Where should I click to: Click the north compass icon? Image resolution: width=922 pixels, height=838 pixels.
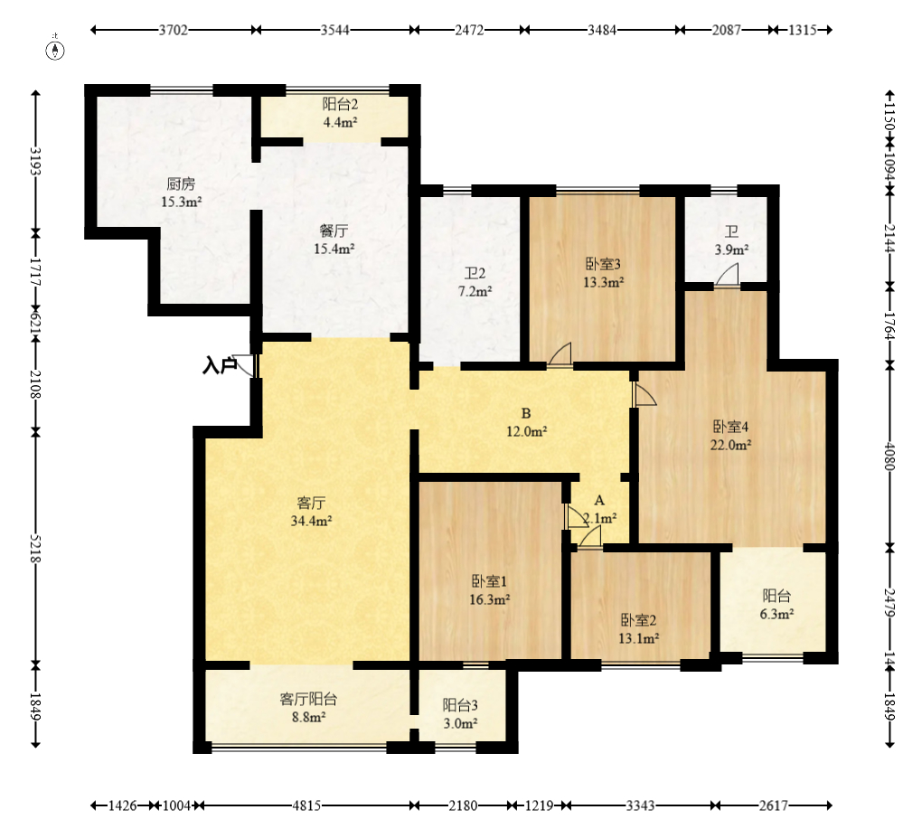[55, 51]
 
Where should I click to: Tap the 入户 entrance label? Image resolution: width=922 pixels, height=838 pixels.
[220, 366]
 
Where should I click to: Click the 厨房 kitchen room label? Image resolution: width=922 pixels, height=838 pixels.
[181, 184]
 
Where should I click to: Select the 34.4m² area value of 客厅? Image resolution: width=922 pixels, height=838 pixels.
[311, 521]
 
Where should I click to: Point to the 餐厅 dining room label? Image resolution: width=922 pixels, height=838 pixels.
[334, 231]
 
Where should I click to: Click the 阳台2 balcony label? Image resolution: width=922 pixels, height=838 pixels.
[340, 105]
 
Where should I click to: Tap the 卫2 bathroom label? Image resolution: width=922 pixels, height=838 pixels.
[475, 273]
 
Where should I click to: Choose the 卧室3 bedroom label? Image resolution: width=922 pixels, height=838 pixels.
[603, 264]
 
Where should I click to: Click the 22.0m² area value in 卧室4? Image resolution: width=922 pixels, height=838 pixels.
[730, 445]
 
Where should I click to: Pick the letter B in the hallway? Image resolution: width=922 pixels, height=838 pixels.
[526, 413]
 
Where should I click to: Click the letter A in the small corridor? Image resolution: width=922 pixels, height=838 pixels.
[599, 501]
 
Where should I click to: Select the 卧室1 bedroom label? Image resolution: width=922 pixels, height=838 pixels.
[489, 581]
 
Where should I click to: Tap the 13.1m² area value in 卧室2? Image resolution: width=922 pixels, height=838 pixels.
[638, 638]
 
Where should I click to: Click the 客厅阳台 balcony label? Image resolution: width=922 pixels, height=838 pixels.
[308, 699]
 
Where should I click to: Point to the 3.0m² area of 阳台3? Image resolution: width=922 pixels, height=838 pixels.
[460, 723]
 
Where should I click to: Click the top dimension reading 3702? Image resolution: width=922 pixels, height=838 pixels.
[174, 30]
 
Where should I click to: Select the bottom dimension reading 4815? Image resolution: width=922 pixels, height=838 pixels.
[306, 805]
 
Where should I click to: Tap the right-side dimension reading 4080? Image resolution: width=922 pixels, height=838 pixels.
[889, 457]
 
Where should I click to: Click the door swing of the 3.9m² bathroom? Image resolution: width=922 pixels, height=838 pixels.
[728, 275]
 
